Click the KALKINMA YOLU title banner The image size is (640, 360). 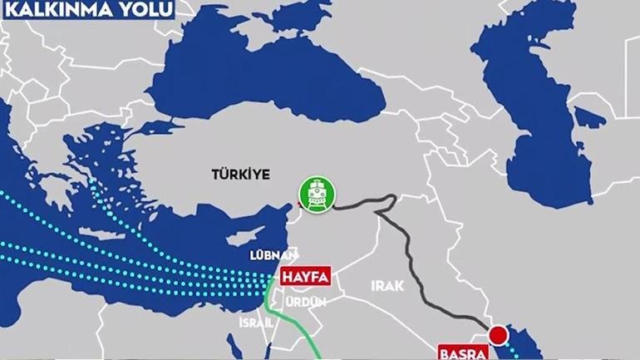(87, 10)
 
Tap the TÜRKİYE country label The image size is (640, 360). (242, 175)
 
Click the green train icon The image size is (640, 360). (317, 193)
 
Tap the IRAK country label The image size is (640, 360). (387, 286)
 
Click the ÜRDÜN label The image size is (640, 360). (306, 302)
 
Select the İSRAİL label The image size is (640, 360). (255, 322)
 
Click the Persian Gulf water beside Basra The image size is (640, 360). (519, 349)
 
